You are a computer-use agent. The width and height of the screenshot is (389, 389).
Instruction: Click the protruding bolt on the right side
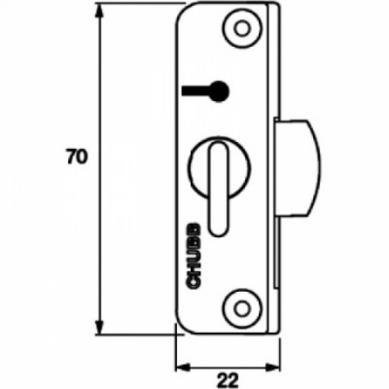click(298, 167)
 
